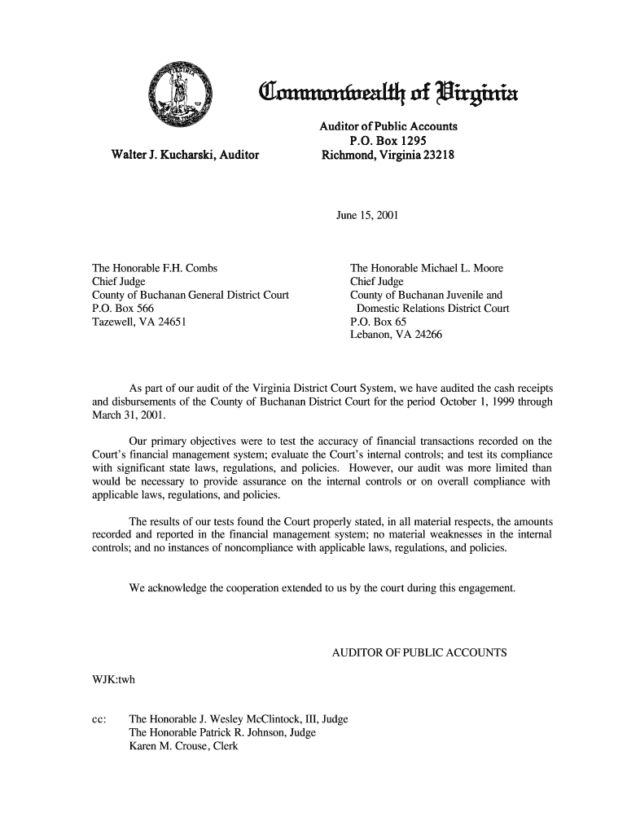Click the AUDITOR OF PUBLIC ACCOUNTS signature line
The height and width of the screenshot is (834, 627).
point(420,653)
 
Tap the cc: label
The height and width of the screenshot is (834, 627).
point(97,719)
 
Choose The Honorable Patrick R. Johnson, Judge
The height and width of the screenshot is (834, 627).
point(222,733)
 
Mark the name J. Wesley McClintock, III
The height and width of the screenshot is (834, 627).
point(245,719)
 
